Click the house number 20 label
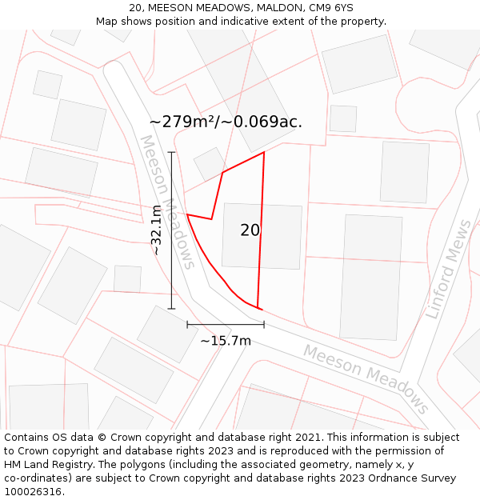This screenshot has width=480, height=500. (250, 230)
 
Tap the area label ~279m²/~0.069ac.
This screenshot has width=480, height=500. (226, 122)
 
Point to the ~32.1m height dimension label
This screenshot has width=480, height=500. (157, 230)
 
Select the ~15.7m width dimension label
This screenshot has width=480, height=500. (226, 341)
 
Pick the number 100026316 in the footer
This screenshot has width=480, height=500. (33, 492)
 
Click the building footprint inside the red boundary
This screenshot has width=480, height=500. (262, 237)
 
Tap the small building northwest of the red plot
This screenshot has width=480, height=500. (210, 163)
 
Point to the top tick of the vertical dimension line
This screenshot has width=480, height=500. (171, 152)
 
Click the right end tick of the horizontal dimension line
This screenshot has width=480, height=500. (264, 324)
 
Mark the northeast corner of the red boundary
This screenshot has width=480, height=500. (264, 152)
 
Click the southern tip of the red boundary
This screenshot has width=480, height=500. (258, 307)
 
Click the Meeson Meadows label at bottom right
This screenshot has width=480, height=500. (366, 378)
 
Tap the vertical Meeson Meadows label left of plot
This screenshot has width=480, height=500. (167, 202)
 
